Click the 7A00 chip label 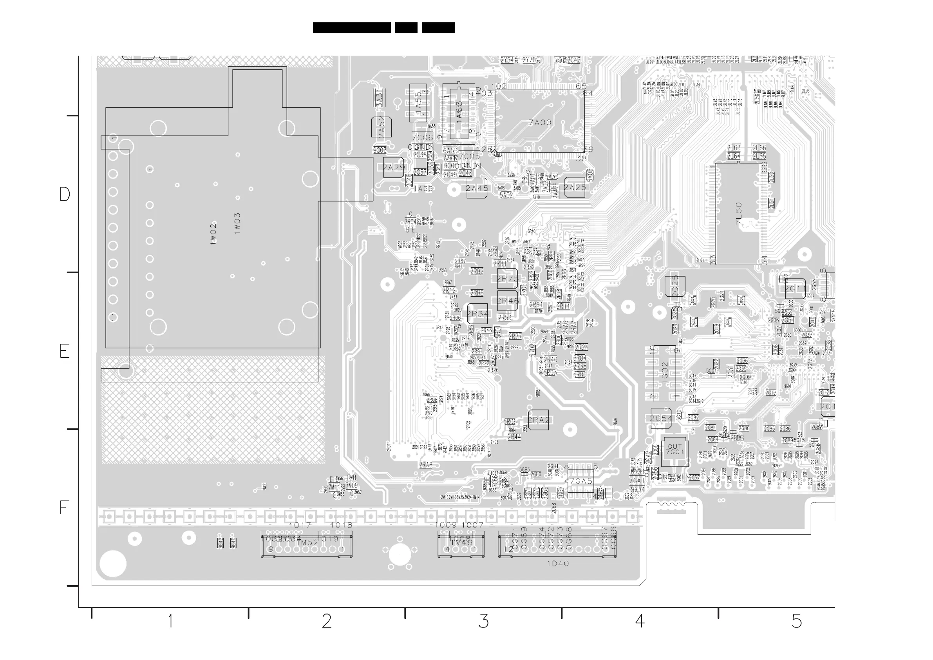pyautogui.click(x=540, y=122)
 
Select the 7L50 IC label pyautogui.click(x=739, y=214)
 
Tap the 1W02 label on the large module pyautogui.click(x=213, y=234)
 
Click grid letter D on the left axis pyautogui.click(x=65, y=195)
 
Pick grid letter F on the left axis pyautogui.click(x=63, y=508)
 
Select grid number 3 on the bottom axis pyautogui.click(x=483, y=621)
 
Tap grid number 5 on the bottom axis pyautogui.click(x=796, y=621)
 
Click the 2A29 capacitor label pyautogui.click(x=393, y=167)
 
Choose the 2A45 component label pyautogui.click(x=477, y=188)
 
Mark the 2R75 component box pyautogui.click(x=508, y=279)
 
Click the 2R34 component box pyautogui.click(x=477, y=314)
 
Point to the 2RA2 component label pyautogui.click(x=539, y=420)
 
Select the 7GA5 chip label pyautogui.click(x=581, y=481)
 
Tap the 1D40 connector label pyautogui.click(x=558, y=564)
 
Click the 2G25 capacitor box pyautogui.click(x=675, y=286)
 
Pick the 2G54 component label pyautogui.click(x=661, y=419)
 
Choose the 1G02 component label pyautogui.click(x=665, y=370)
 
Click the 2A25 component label pyautogui.click(x=575, y=187)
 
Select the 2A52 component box pyautogui.click(x=381, y=127)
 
